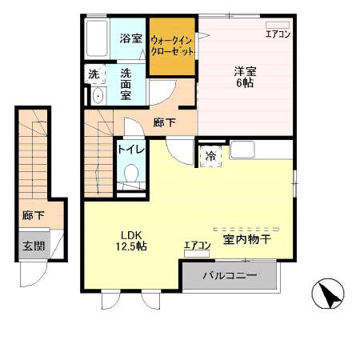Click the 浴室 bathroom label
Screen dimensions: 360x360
(131, 38)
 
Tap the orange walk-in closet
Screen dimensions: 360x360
(172, 46)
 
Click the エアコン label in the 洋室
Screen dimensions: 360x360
(278, 34)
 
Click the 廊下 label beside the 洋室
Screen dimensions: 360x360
(163, 124)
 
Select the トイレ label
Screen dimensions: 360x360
(129, 149)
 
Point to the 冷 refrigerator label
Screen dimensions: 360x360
(210, 157)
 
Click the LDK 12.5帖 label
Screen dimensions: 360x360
(132, 241)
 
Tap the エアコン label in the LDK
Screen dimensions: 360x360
(197, 246)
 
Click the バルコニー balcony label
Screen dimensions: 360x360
(229, 276)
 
